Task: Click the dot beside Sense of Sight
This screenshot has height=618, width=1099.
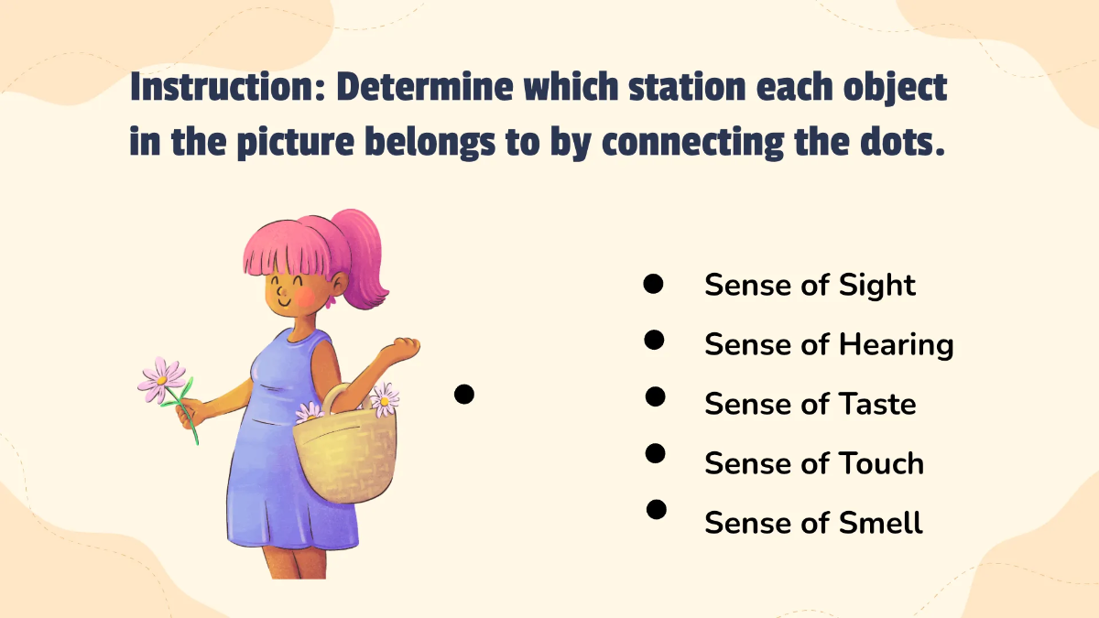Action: (x=653, y=284)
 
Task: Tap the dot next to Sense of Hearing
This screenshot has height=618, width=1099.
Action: (x=654, y=341)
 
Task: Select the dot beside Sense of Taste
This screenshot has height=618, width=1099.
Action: (x=655, y=396)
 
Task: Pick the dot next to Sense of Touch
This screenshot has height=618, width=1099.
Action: (x=656, y=452)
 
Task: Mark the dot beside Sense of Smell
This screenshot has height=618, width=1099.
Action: (x=657, y=509)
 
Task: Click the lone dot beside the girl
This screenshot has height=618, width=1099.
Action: (x=464, y=395)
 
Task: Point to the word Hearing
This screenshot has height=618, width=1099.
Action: (x=896, y=345)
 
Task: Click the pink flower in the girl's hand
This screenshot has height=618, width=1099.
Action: (x=163, y=378)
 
